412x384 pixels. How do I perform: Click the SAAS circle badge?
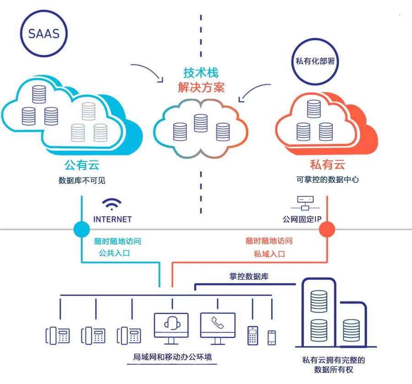44,34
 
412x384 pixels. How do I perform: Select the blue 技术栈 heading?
201,73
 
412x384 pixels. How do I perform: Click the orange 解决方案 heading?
201,87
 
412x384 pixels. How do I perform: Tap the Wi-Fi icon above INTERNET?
112,204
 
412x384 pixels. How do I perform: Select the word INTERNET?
112,219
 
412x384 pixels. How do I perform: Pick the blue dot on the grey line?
81,229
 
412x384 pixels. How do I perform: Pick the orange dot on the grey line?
327,229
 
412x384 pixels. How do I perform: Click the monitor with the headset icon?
171,325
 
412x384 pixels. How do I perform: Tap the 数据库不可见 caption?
82,180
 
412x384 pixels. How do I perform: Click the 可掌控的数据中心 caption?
328,180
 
